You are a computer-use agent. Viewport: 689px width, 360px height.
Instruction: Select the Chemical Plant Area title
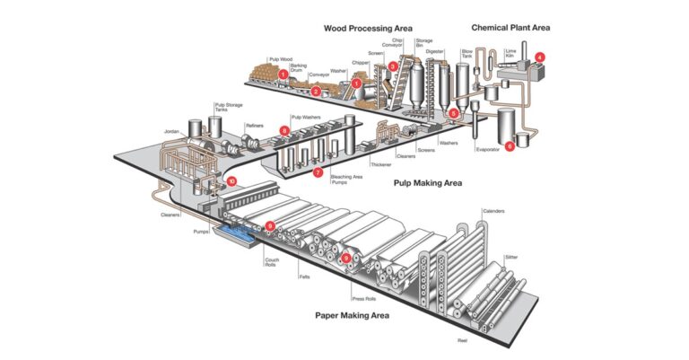(x=510, y=28)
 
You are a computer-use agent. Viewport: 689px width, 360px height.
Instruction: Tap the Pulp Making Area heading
(x=428, y=182)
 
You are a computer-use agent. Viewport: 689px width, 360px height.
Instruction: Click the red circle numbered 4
(x=539, y=57)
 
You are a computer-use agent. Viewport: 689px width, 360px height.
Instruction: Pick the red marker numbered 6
(x=510, y=146)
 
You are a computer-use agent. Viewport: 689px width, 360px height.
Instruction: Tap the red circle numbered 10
(x=231, y=181)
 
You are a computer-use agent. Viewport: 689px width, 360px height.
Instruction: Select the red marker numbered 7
(x=318, y=172)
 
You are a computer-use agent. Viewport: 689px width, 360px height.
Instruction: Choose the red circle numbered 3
(x=393, y=66)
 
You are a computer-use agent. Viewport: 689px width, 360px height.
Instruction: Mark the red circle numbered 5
(x=453, y=113)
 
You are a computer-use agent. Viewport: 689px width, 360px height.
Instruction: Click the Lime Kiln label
(x=510, y=52)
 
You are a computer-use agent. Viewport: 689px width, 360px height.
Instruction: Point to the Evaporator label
(x=489, y=150)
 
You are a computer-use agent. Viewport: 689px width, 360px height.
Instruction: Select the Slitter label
(x=510, y=257)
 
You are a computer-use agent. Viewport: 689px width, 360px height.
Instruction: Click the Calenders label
(x=494, y=211)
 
